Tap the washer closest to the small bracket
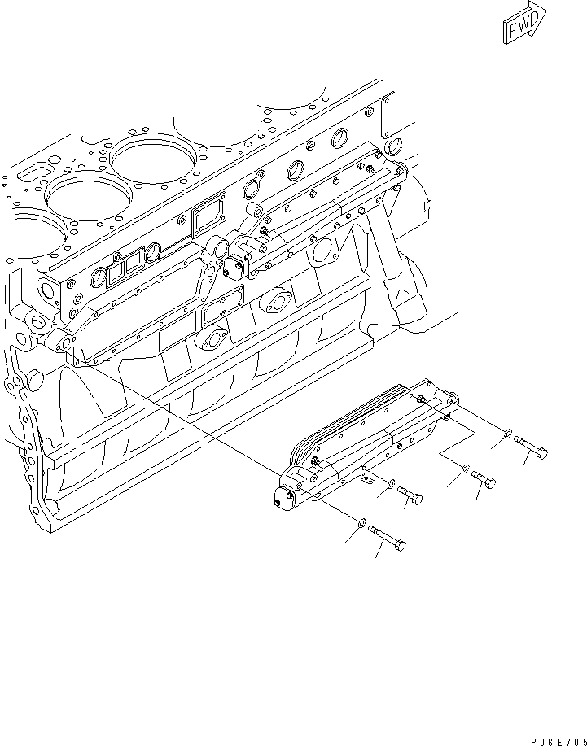[392, 485]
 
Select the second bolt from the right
[484, 480]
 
